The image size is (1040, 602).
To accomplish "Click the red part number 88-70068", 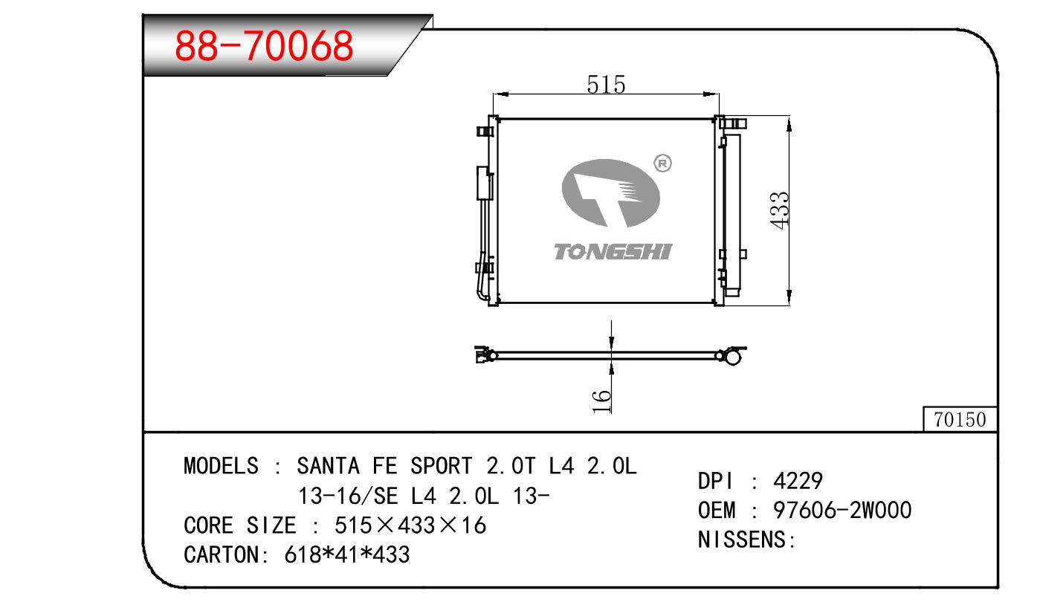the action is [x=264, y=45].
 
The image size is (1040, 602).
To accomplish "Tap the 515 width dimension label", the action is [x=606, y=85].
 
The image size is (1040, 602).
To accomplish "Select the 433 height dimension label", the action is [x=780, y=210].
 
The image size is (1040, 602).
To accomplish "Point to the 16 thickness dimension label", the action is [x=601, y=401].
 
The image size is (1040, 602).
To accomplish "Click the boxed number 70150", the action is [x=960, y=420].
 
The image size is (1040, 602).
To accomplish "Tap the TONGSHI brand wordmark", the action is [x=613, y=252].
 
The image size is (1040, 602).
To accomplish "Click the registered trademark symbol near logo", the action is [x=662, y=164].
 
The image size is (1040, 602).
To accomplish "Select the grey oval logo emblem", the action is [x=610, y=193].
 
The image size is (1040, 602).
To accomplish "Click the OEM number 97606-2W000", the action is [x=842, y=510].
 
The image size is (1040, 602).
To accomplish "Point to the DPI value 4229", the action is [x=798, y=481].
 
